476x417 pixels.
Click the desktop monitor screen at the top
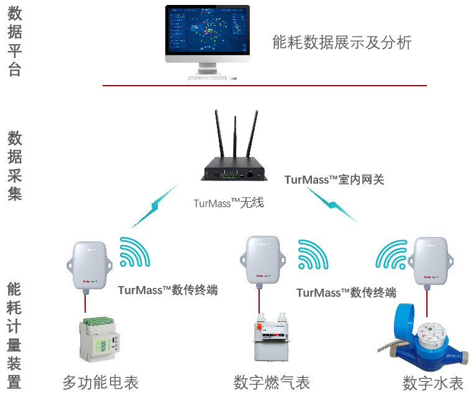click(x=208, y=30)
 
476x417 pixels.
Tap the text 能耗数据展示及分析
click(x=342, y=42)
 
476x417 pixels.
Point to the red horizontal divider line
click(x=265, y=86)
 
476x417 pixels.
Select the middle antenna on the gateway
click(x=236, y=137)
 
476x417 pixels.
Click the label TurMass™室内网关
click(x=334, y=180)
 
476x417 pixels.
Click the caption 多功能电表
click(x=100, y=383)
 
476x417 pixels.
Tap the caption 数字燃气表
click(x=272, y=383)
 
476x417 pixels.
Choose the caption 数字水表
click(x=433, y=383)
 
